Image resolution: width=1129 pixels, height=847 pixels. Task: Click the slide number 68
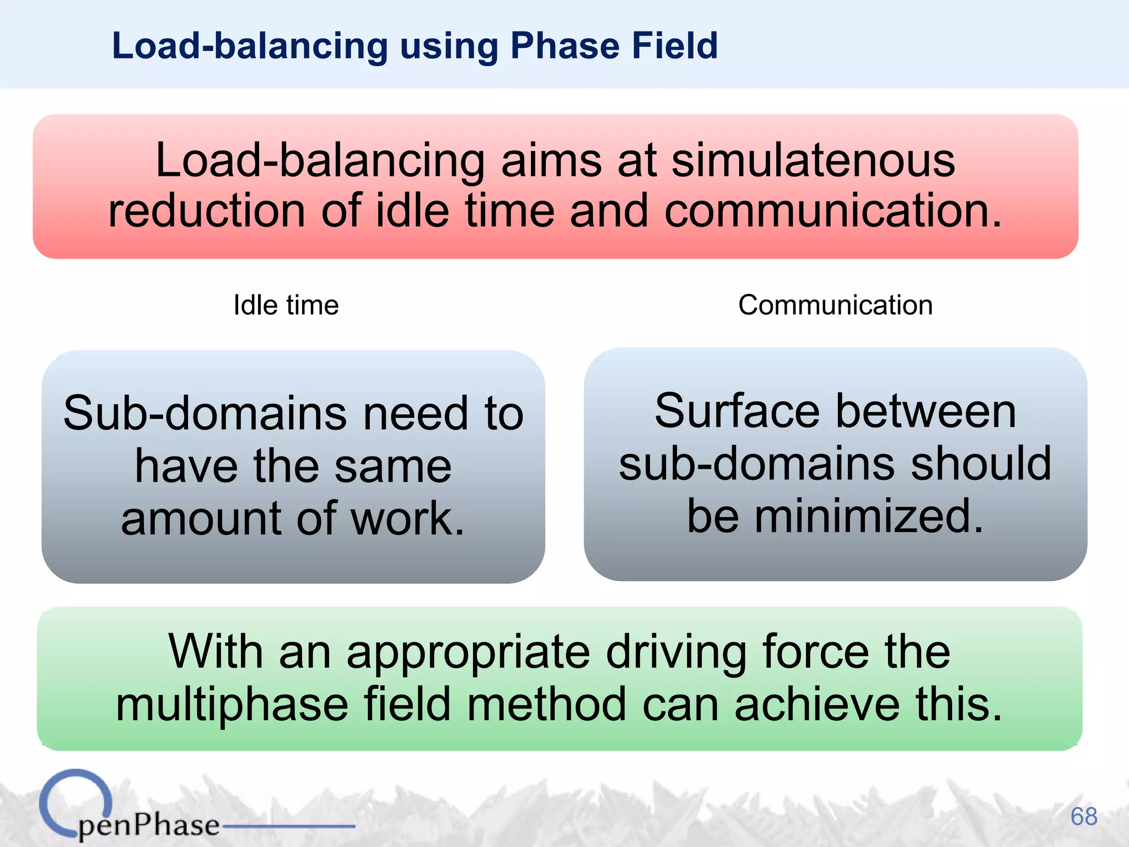(1083, 816)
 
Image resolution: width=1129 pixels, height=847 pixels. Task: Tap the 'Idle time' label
(286, 305)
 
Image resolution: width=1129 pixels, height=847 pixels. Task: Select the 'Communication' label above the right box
(835, 305)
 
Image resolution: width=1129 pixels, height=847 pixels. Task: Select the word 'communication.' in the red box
(832, 211)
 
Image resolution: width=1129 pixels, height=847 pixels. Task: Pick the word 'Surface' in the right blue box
(737, 411)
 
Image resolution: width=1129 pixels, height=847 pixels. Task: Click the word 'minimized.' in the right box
(869, 516)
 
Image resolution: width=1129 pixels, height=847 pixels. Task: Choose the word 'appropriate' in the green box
(469, 652)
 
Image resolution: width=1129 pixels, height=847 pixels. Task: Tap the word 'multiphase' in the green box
(232, 704)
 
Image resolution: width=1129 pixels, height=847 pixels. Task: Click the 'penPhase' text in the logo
(149, 825)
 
